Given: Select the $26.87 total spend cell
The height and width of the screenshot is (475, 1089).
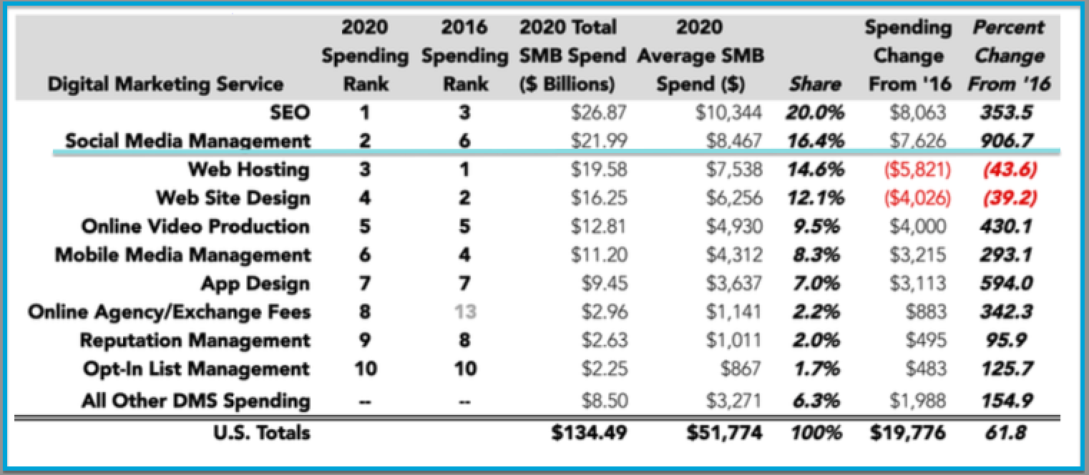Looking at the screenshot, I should (x=599, y=112).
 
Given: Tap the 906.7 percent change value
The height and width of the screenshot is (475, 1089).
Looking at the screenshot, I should (x=1007, y=141).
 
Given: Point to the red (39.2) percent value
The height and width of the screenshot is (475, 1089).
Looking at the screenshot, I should (x=1008, y=198).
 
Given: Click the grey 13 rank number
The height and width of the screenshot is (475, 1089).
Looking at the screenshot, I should (x=464, y=312).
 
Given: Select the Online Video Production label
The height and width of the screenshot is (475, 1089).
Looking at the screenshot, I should (x=195, y=227).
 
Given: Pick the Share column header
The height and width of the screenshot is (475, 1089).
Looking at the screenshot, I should (x=814, y=84).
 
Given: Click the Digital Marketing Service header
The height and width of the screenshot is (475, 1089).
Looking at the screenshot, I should (x=165, y=84).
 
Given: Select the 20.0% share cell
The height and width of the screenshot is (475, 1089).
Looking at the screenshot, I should (x=814, y=112).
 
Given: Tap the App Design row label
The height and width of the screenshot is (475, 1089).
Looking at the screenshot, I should (x=255, y=283).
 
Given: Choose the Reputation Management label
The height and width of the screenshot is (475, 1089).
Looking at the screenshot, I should (x=195, y=341).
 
